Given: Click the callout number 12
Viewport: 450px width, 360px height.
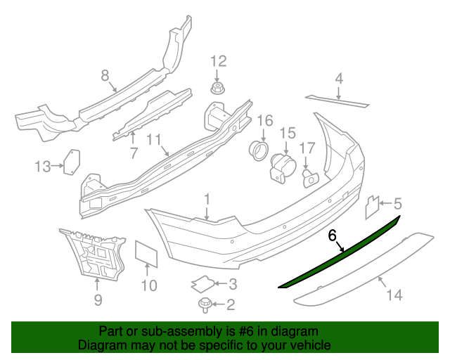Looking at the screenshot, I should coord(219,61).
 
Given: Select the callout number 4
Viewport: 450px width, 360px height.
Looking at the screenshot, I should coord(339,78).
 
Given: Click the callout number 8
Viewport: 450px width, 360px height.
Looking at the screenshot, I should coord(105,75).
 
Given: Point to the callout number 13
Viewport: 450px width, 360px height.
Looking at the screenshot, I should coord(43,167).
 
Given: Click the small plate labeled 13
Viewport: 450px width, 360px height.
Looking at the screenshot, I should coord(72,161).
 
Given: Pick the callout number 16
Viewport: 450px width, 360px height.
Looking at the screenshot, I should coord(264,121).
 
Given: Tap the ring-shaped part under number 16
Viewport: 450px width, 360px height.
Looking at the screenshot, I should coord(259,150).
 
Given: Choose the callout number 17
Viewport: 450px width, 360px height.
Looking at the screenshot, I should coord(307,148).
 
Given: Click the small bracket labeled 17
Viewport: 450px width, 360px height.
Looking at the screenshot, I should coord(309,179).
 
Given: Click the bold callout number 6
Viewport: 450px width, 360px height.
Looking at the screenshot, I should coord(333,236).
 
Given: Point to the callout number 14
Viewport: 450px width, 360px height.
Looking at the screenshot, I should coord(394,295).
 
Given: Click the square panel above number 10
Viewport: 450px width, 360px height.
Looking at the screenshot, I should coord(146,252).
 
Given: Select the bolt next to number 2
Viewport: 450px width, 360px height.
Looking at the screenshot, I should coord(205,304).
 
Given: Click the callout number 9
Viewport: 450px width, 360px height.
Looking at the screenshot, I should coord(98,300).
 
